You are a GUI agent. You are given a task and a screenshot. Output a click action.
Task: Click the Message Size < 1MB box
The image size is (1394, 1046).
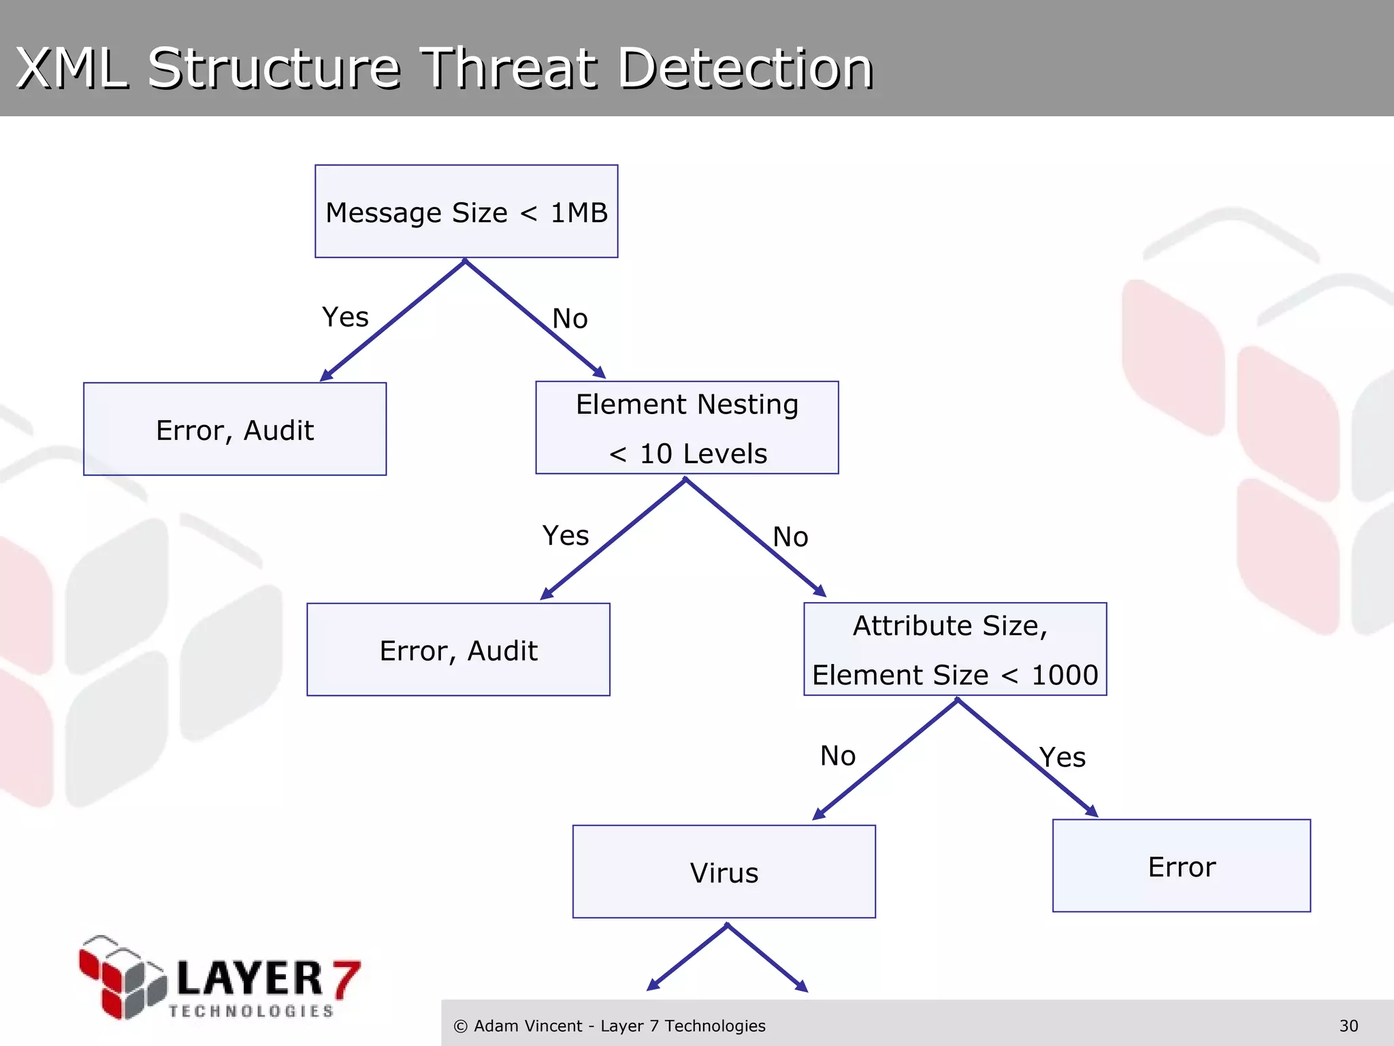coord(466,212)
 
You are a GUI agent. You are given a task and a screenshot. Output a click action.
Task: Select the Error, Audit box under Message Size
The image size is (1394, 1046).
coord(235,430)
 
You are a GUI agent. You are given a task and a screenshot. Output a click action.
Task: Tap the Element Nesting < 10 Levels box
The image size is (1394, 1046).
coord(687,428)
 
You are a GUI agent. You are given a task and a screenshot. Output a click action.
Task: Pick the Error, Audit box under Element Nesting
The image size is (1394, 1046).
coord(458,650)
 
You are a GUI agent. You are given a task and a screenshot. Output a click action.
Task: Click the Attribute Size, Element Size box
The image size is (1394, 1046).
coord(954,649)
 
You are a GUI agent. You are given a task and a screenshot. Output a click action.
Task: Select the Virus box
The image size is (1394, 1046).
coord(724,872)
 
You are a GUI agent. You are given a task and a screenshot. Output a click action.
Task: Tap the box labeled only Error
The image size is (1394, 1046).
coord(1181,866)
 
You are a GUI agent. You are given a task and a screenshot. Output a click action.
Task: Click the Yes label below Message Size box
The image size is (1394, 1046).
coord(345,317)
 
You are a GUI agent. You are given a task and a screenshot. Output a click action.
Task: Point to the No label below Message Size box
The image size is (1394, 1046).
coord(570,319)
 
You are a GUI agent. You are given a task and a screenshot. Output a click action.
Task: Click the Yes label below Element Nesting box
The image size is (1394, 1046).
coord(565,536)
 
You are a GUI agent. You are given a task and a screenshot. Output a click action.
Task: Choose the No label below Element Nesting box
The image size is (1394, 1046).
coord(790,537)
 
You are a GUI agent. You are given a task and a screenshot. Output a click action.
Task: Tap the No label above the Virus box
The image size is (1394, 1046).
coord(837,756)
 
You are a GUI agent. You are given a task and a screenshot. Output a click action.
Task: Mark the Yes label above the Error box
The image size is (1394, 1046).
coord(1062,757)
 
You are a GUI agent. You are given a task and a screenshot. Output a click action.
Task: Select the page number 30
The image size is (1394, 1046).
coord(1348,1026)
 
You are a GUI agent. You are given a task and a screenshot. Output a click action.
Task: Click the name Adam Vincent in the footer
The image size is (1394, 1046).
coord(528,1026)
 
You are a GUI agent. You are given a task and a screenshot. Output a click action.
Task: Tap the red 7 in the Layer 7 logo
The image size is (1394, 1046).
coord(346,979)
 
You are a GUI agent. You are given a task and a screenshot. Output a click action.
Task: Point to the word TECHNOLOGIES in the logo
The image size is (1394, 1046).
coord(251,1011)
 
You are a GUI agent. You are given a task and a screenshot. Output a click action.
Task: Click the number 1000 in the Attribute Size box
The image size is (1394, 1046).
coord(1065,675)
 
